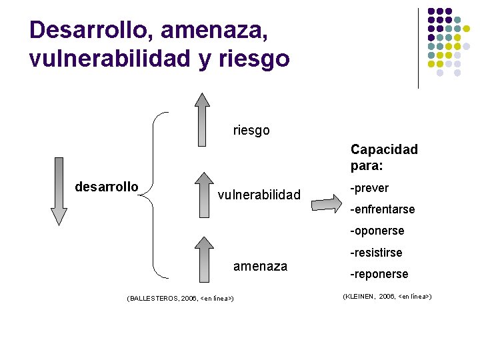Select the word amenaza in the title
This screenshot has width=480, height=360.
pyautogui.click(x=216, y=30)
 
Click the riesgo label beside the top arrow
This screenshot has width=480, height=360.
pyautogui.click(x=251, y=130)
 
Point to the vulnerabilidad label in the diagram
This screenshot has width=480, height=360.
pyautogui.click(x=259, y=195)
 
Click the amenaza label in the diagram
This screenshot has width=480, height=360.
pyautogui.click(x=260, y=267)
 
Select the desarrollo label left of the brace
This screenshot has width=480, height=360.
pyautogui.click(x=107, y=186)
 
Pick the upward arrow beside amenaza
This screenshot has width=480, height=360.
pyautogui.click(x=201, y=256)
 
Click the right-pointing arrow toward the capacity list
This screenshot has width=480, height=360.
pyautogui.click(x=328, y=201)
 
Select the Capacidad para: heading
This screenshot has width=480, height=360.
pyautogui.click(x=384, y=157)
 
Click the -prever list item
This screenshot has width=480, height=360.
pyautogui.click(x=370, y=188)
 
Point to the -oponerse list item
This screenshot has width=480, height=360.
pyautogui.click(x=378, y=231)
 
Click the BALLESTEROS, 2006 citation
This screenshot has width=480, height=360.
pyautogui.click(x=179, y=299)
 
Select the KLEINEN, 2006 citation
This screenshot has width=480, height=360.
pyautogui.click(x=387, y=295)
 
